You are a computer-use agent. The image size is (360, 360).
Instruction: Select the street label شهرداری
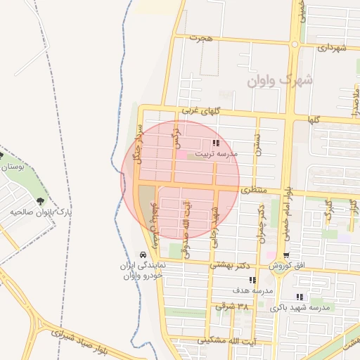[333, 48]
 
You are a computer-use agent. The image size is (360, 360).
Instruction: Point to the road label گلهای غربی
[201, 110]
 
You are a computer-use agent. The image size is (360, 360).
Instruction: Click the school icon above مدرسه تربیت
[215, 143]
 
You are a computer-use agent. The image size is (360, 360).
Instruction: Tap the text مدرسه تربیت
[217, 153]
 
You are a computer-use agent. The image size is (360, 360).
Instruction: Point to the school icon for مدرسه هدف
[252, 280]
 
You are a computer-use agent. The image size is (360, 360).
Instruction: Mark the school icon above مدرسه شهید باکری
[300, 297]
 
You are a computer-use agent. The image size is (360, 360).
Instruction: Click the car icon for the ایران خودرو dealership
[143, 255]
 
